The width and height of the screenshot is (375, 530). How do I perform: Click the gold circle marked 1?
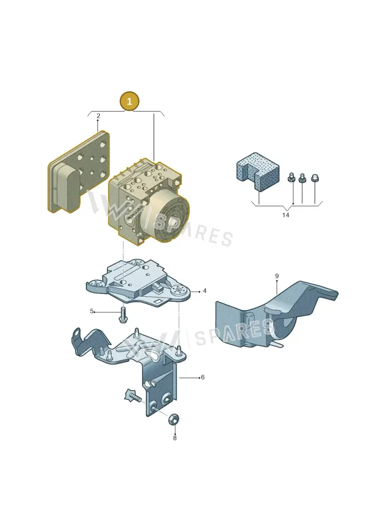tap(129, 101)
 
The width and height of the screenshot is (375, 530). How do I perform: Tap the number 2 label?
tap(98, 116)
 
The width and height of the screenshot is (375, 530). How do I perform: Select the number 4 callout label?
tap(204, 291)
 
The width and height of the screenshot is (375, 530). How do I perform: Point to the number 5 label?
tap(91, 311)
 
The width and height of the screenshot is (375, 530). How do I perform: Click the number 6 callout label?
tap(202, 377)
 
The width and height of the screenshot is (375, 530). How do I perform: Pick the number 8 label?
tap(175, 438)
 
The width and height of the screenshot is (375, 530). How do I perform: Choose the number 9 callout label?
tap(277, 276)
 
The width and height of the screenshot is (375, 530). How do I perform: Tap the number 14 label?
tap(286, 215)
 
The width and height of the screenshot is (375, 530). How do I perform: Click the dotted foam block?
tap(258, 171)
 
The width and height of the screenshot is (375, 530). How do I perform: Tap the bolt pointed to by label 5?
tap(123, 315)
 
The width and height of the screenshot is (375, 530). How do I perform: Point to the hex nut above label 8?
tap(174, 420)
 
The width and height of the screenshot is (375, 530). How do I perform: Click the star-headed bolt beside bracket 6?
tap(133, 396)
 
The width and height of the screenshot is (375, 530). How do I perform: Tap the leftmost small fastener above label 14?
tap(290, 178)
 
